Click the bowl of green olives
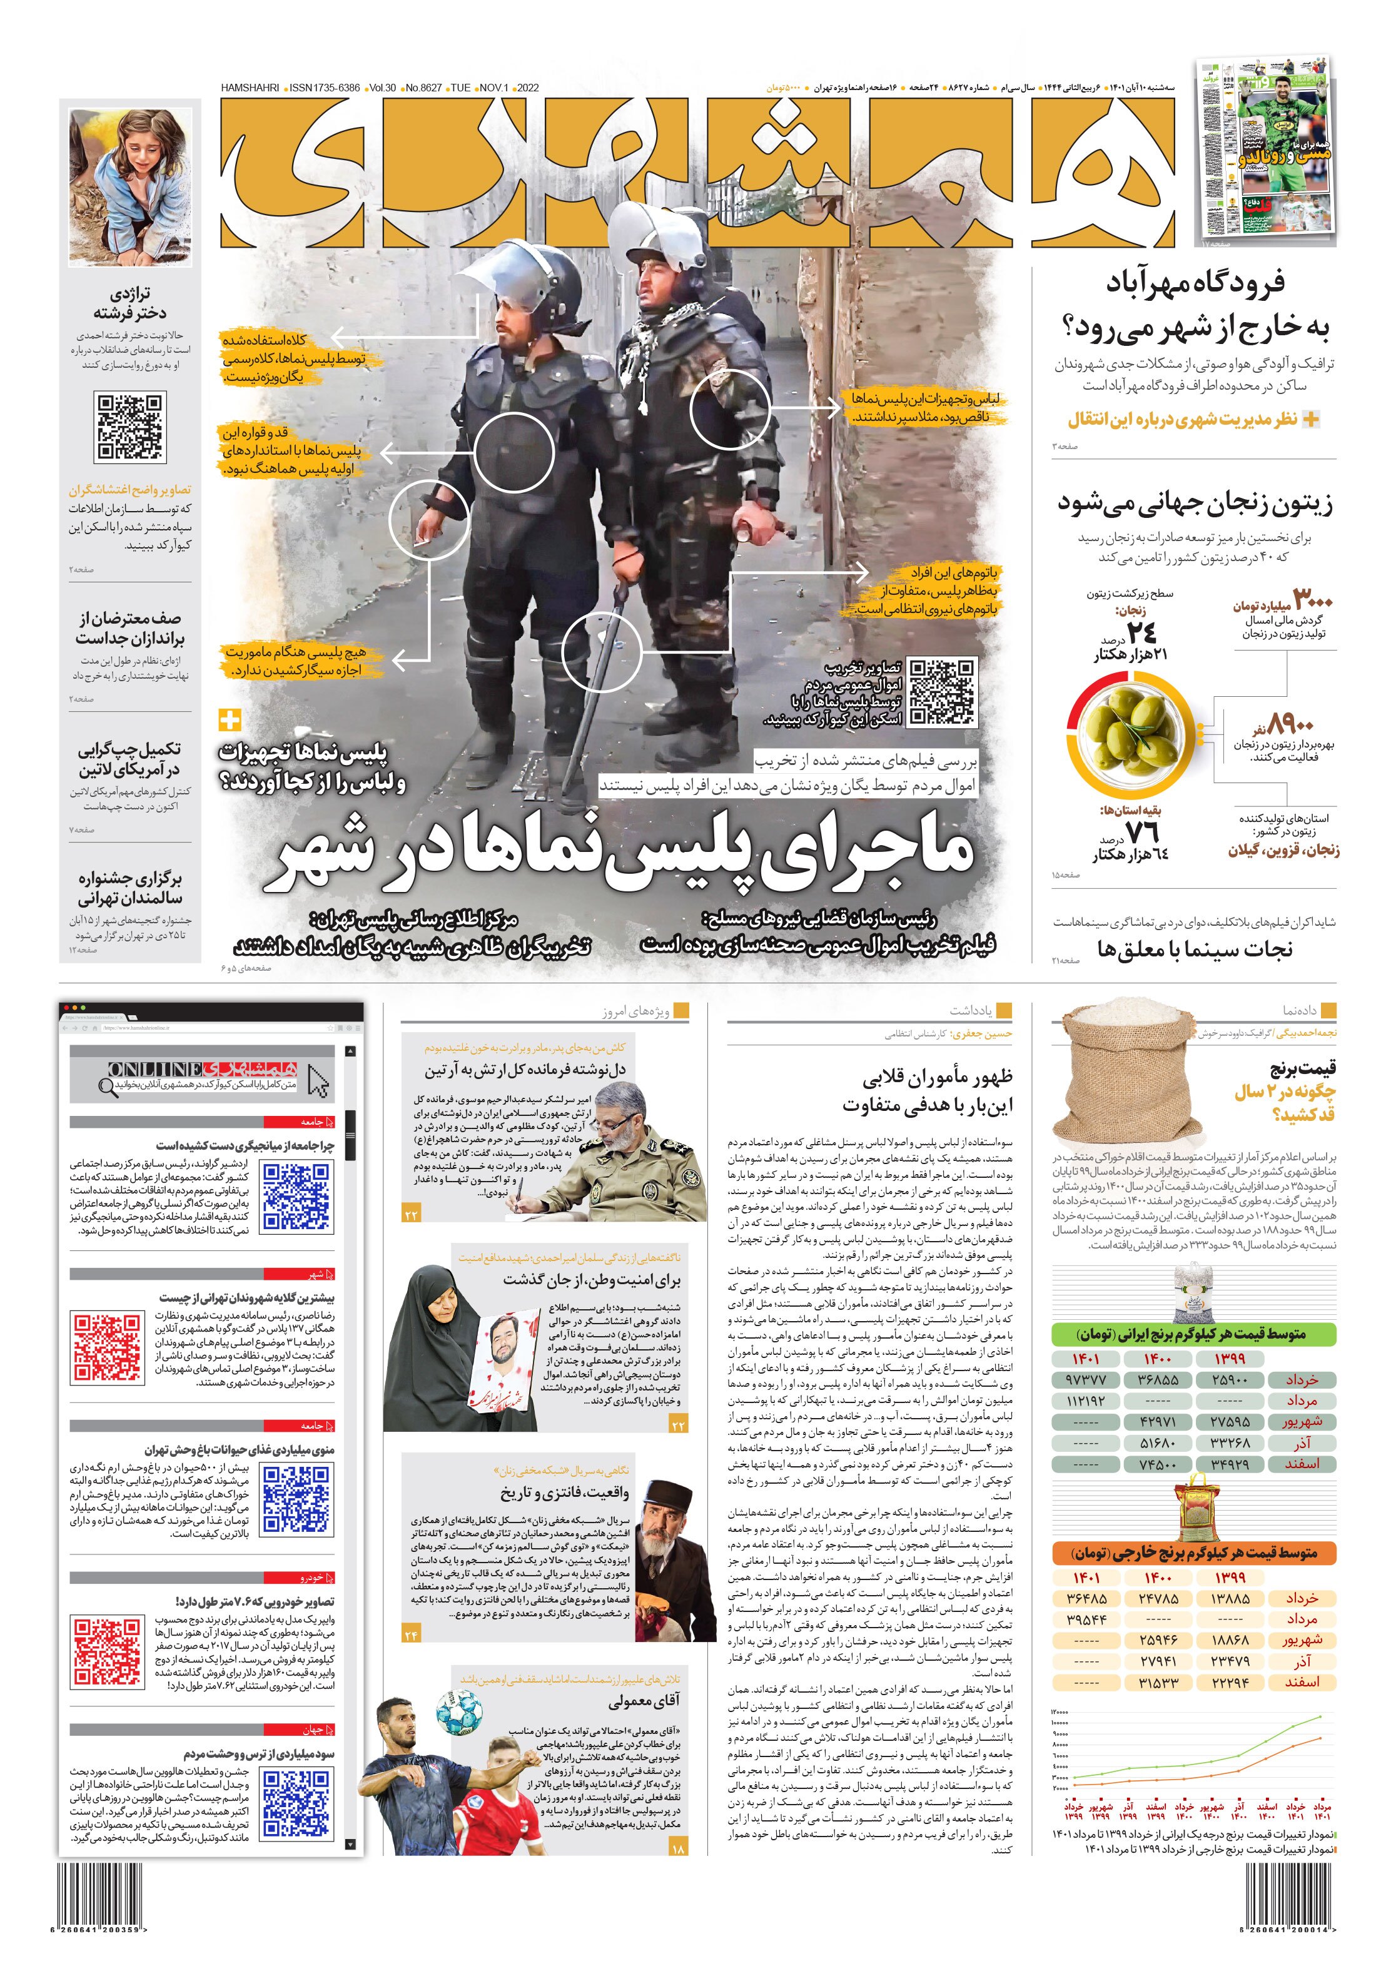click(1130, 729)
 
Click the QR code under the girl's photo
click(130, 427)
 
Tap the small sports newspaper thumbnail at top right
click(1265, 151)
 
